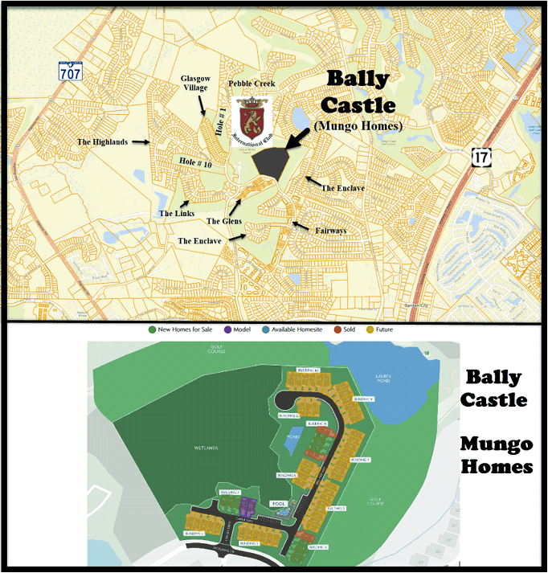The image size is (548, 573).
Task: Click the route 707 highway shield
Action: pyautogui.click(x=69, y=70)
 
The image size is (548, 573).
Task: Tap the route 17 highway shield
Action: pyautogui.click(x=482, y=157)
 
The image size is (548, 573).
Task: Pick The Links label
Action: pyautogui.click(x=177, y=214)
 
